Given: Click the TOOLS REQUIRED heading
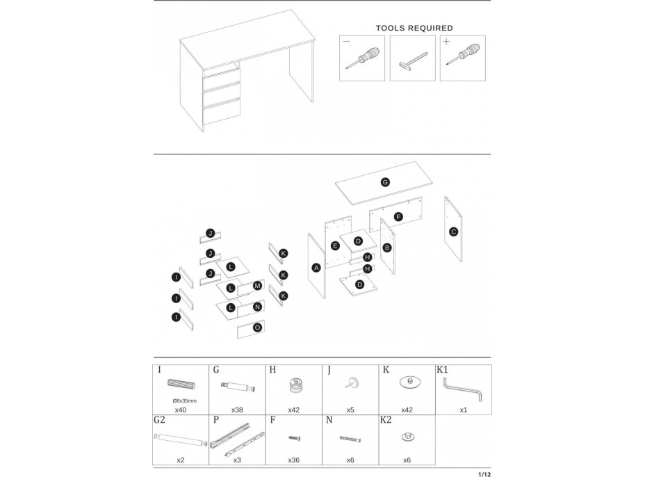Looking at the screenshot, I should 414,29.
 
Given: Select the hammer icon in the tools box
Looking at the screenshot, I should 412,60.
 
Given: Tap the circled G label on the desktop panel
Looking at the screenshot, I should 385,182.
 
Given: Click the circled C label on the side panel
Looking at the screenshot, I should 453,232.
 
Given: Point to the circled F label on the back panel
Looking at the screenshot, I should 398,217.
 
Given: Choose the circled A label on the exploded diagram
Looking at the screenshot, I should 316,268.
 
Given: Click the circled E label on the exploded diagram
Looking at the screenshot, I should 335,246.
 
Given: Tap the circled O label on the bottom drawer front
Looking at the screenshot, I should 257,327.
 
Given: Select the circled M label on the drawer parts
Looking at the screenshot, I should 257,286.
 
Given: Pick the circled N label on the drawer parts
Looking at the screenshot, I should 257,307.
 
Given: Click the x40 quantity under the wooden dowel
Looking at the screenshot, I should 181,410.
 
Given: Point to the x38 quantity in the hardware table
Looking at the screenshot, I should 238,410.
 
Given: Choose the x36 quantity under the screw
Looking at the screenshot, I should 295,460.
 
